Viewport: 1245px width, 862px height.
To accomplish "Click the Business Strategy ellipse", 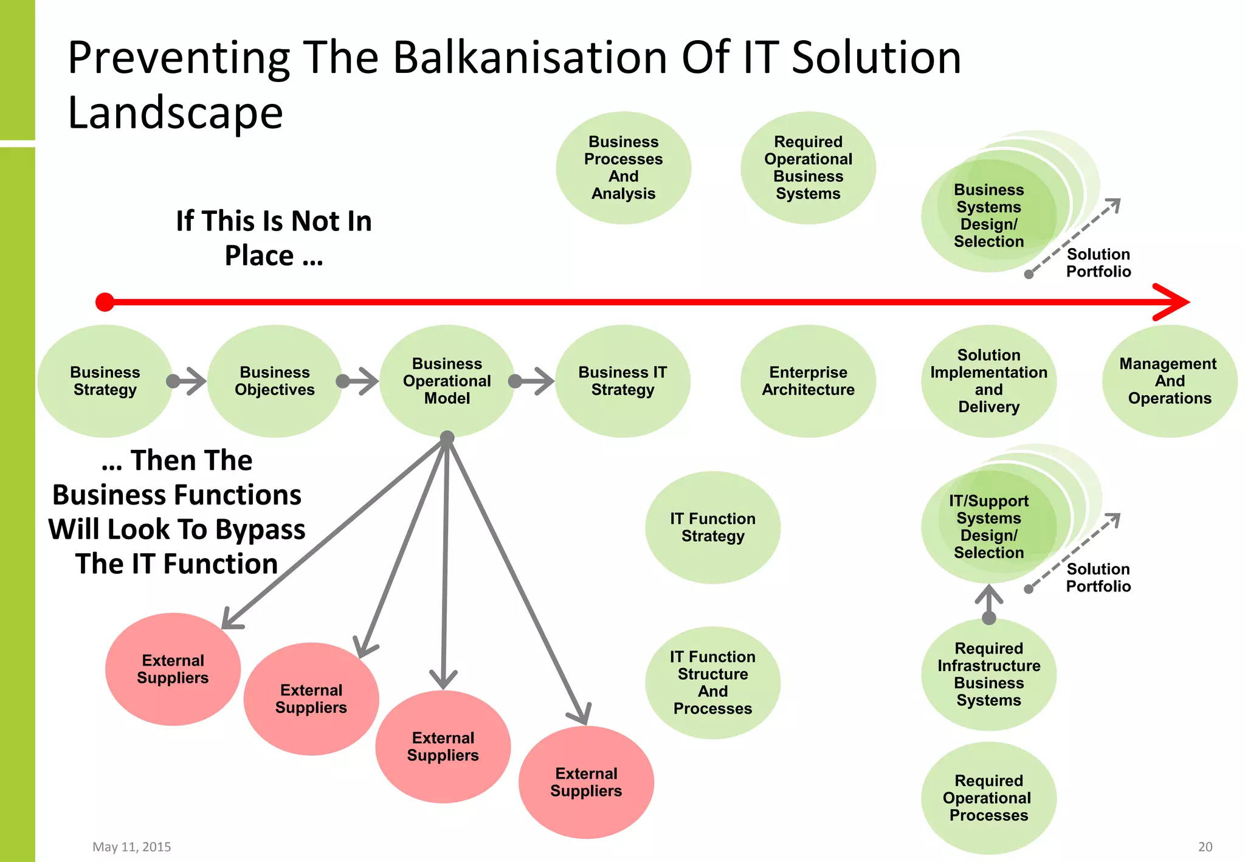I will pyautogui.click(x=105, y=381).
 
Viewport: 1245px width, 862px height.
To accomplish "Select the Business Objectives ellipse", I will pyautogui.click(x=275, y=381).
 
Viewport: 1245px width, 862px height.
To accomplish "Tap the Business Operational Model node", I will pyautogui.click(x=447, y=381).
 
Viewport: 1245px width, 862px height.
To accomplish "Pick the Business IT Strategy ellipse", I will pyautogui.click(x=622, y=381).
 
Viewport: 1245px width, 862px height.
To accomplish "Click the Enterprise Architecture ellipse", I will pyautogui.click(x=808, y=381).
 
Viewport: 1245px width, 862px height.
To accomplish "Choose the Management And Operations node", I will pyautogui.click(x=1169, y=381).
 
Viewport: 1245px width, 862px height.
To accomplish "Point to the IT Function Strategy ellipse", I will pyautogui.click(x=712, y=528).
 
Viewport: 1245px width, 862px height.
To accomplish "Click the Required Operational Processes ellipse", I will pyautogui.click(x=988, y=798).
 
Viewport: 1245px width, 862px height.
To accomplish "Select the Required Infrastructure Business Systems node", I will pyautogui.click(x=988, y=674).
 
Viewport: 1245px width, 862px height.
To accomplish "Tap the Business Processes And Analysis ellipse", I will pyautogui.click(x=623, y=168).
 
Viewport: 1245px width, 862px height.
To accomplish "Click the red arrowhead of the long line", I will pyautogui.click(x=1173, y=302).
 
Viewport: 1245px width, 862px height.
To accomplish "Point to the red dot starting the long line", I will pyautogui.click(x=105, y=302).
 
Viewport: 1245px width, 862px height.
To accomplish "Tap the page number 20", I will pyautogui.click(x=1205, y=847).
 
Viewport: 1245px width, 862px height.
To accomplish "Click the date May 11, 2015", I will pyautogui.click(x=131, y=847).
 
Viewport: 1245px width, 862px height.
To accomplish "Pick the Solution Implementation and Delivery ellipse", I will pyautogui.click(x=988, y=381).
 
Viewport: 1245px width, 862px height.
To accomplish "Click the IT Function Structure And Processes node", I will pyautogui.click(x=712, y=683).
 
